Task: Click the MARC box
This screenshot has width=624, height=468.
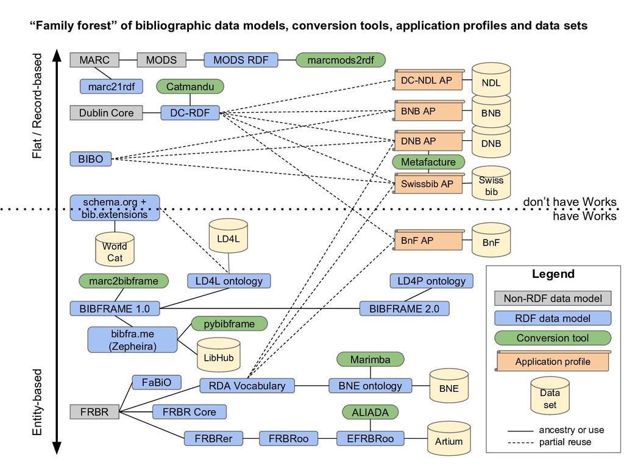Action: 94,60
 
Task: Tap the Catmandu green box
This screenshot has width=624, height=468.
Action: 190,87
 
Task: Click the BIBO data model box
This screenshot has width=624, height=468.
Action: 91,159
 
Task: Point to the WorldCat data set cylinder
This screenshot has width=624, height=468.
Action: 115,250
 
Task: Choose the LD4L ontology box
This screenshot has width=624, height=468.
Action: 229,281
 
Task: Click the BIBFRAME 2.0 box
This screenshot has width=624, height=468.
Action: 404,308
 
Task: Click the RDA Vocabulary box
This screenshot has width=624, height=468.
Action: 247,386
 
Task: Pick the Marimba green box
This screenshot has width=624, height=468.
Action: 370,360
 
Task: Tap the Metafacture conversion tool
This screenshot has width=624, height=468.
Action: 428,162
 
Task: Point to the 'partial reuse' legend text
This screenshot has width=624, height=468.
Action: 565,442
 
